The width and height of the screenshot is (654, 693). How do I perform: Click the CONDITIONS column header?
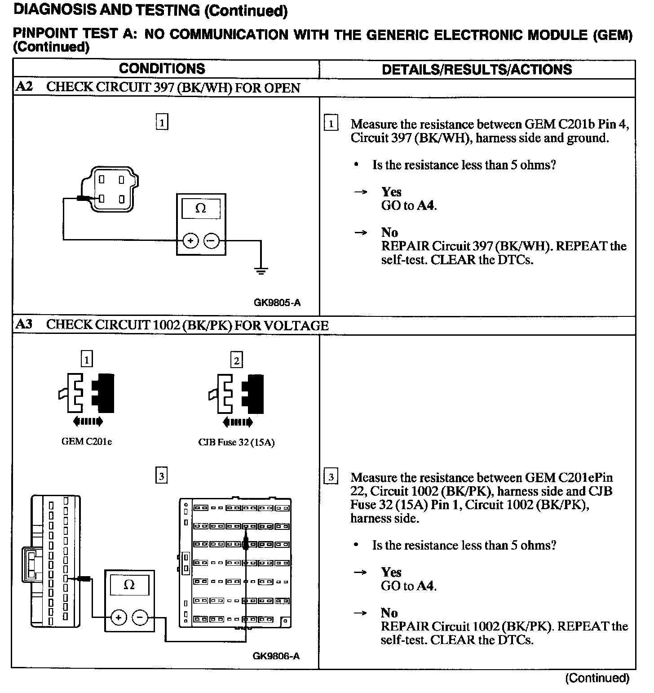pyautogui.click(x=162, y=69)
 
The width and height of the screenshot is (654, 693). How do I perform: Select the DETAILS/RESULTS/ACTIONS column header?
pyautogui.click(x=477, y=69)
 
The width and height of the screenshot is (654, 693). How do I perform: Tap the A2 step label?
pyautogui.click(x=24, y=87)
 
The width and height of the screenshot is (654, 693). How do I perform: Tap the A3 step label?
pyautogui.click(x=24, y=324)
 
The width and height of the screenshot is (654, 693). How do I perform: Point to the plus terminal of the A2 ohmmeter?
pyautogui.click(x=190, y=241)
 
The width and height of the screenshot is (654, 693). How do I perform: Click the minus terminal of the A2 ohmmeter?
pyautogui.click(x=211, y=241)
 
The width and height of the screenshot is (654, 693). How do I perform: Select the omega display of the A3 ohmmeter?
pyautogui.click(x=129, y=585)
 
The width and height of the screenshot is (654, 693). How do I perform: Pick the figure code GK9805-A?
pyautogui.click(x=277, y=302)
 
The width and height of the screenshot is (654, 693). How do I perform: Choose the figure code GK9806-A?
pyautogui.click(x=276, y=656)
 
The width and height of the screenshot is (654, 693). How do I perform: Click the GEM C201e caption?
pyautogui.click(x=87, y=442)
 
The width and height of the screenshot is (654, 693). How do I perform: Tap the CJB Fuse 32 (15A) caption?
pyautogui.click(x=236, y=442)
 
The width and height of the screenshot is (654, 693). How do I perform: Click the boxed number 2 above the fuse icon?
pyautogui.click(x=236, y=360)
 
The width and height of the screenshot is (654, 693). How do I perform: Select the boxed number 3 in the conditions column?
pyautogui.click(x=161, y=475)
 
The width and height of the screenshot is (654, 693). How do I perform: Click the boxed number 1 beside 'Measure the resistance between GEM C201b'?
pyautogui.click(x=331, y=124)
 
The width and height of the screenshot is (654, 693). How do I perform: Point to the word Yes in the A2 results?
pyautogui.click(x=391, y=192)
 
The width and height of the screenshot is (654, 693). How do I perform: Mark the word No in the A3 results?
pyautogui.click(x=389, y=613)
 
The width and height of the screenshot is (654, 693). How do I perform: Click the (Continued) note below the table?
pyautogui.click(x=597, y=678)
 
